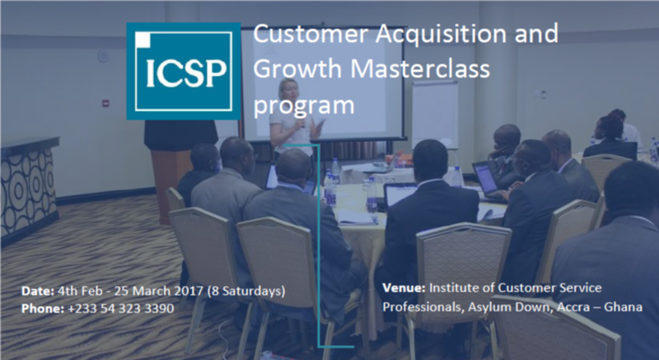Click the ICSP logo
[x=183, y=71]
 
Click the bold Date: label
[x=38, y=291]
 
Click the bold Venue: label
[x=404, y=288]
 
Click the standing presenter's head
[x=289, y=90]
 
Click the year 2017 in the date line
[x=192, y=291]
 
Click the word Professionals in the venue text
[x=419, y=306]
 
